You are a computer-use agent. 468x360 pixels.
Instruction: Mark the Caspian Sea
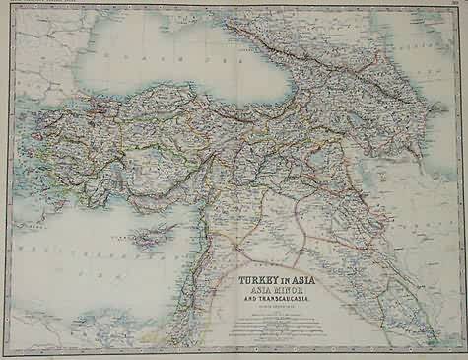pyautogui.click(x=434, y=89)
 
